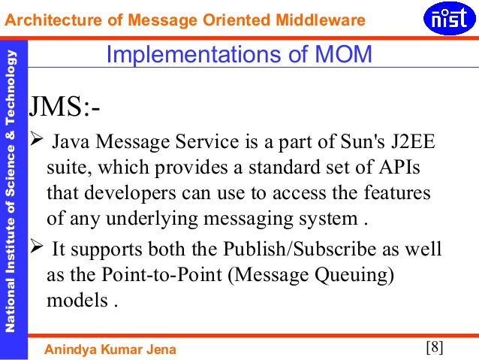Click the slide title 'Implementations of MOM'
(x=238, y=55)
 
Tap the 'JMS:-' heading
(x=64, y=107)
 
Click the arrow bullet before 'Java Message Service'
(x=35, y=141)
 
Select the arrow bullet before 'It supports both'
(x=35, y=248)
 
